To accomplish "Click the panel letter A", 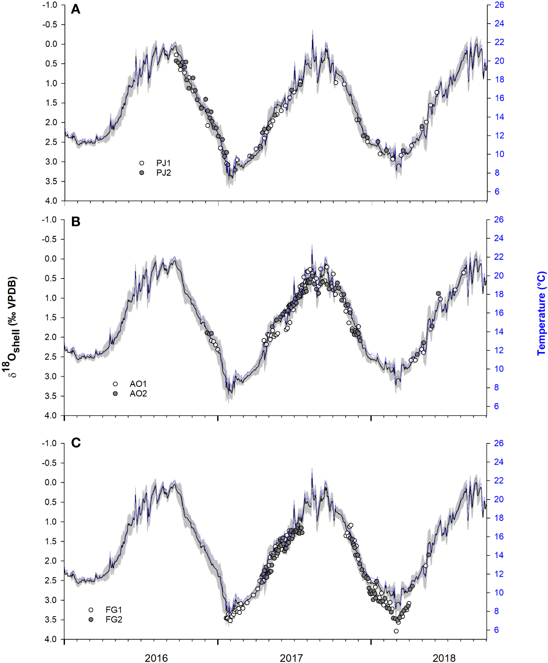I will pos(75,10).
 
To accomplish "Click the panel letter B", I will pos(75,222).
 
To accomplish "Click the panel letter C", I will pos(76,443).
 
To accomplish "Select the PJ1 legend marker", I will pos(142,163).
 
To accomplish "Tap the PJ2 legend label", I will pos(163,173).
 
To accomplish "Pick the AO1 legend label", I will pos(138,384).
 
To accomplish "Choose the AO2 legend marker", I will pos(115,394).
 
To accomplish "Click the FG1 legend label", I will pos(114,610).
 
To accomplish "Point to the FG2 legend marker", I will pos(91,619).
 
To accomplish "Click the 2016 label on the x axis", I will pos(156,657).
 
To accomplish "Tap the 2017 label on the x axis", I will pos(291,657).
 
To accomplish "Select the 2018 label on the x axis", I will pos(444,657).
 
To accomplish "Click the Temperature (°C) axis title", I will pos(542,314).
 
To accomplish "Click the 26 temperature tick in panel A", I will pos(499,5).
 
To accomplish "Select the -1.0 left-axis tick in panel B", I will pos(50,220).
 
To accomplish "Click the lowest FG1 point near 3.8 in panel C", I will pos(396,631).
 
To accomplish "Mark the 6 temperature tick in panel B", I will pos(496,406).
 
